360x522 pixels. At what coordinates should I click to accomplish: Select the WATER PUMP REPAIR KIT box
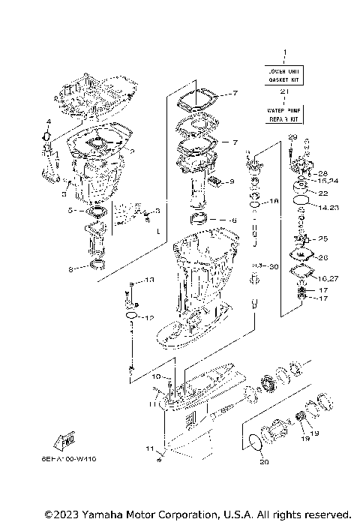(283, 114)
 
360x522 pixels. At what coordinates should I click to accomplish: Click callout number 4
(47, 121)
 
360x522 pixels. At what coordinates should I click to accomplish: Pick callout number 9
(232, 181)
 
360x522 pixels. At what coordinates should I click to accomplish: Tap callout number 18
(274, 202)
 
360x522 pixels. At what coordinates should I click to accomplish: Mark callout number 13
(148, 280)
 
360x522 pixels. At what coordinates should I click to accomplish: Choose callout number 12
(148, 318)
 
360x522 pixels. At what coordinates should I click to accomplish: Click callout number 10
(157, 376)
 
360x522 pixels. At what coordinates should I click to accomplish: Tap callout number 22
(323, 193)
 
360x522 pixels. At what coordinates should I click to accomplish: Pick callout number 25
(324, 239)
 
